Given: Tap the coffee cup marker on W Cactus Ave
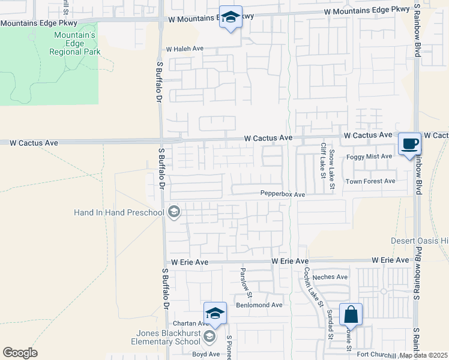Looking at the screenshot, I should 410,143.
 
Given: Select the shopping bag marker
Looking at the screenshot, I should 351,314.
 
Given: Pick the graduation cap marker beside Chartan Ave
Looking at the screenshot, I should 215,313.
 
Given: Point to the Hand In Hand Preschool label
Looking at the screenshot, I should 119,212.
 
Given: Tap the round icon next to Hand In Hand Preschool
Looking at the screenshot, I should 174,211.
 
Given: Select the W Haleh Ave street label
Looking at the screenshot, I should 185,49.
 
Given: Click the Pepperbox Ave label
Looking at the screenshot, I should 283,194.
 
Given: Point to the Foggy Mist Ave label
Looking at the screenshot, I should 370,157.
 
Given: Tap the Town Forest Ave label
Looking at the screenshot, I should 370,181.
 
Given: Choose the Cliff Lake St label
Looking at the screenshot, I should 324,161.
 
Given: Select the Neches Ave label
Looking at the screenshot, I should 334,277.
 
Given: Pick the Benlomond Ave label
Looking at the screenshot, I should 259,305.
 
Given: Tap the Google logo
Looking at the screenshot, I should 20,353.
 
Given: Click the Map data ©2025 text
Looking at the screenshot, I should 423,355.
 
